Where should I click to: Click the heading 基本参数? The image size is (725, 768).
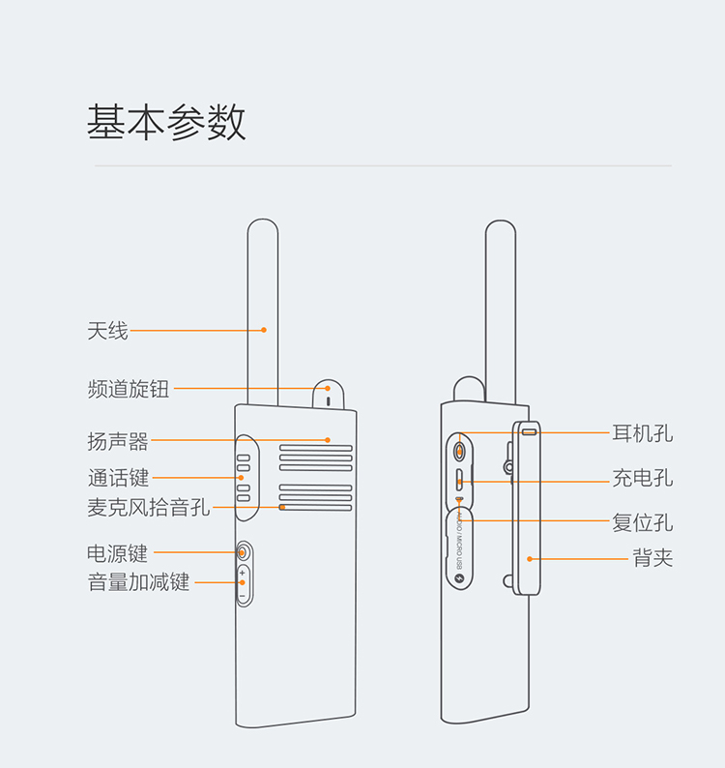pyautogui.click(x=166, y=123)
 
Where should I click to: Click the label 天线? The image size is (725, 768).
pyautogui.click(x=107, y=331)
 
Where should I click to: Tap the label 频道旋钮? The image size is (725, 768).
pyautogui.click(x=128, y=389)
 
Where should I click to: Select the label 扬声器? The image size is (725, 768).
pyautogui.click(x=118, y=442)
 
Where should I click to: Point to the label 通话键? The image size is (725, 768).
pyautogui.click(x=118, y=478)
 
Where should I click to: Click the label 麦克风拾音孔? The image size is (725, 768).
pyautogui.click(x=148, y=507)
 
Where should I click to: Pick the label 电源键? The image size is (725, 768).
pyautogui.click(x=118, y=553)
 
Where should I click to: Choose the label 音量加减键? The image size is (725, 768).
pyautogui.click(x=138, y=582)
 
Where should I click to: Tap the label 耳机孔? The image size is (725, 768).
pyautogui.click(x=642, y=433)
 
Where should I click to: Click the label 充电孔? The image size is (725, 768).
pyautogui.click(x=642, y=479)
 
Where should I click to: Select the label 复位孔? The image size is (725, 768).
pyautogui.click(x=642, y=522)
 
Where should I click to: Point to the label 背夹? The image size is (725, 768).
pyautogui.click(x=652, y=558)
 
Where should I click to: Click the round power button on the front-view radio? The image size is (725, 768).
pyautogui.click(x=244, y=553)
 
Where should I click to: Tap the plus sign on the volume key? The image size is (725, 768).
pyautogui.click(x=243, y=574)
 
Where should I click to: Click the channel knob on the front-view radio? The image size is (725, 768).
pyautogui.click(x=328, y=393)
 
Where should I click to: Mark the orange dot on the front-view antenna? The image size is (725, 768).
pyautogui.click(x=263, y=331)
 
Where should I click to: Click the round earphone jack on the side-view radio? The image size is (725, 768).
pyautogui.click(x=460, y=452)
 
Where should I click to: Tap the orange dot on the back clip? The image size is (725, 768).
pyautogui.click(x=529, y=558)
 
